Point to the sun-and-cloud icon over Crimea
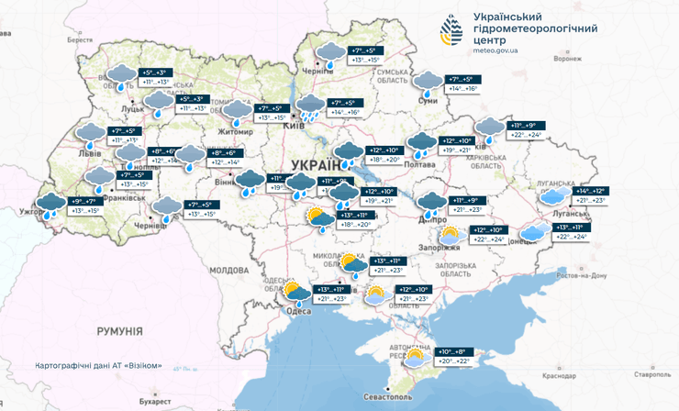click(416, 357)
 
